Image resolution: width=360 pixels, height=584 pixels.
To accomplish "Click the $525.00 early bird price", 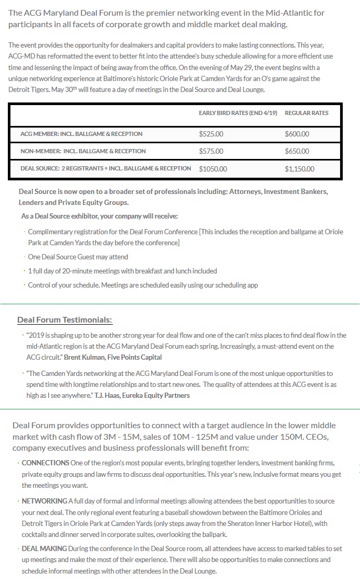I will (211, 134).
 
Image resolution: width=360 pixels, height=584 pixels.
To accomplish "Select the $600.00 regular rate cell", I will (297, 134).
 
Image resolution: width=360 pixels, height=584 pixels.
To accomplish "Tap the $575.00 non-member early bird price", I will (211, 151).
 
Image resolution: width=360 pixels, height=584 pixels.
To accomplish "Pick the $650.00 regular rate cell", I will (297, 151).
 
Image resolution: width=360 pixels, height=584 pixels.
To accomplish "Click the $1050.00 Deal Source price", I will (213, 169).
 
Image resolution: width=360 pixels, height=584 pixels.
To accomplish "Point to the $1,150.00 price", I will (299, 169).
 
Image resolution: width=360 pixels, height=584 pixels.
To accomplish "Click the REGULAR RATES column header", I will (307, 113).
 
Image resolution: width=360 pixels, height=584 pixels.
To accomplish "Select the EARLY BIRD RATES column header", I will (238, 113).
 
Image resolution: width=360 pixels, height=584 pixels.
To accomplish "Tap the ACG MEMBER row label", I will (81, 134).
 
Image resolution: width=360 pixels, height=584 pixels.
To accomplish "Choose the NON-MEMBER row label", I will (83, 151).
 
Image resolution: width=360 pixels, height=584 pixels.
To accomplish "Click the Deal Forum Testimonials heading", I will (65, 320).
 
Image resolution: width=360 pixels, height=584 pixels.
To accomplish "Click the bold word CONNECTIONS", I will (45, 463).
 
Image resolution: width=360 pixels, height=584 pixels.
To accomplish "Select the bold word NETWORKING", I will (44, 501).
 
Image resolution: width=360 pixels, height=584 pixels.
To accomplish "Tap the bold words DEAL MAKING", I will (44, 548).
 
